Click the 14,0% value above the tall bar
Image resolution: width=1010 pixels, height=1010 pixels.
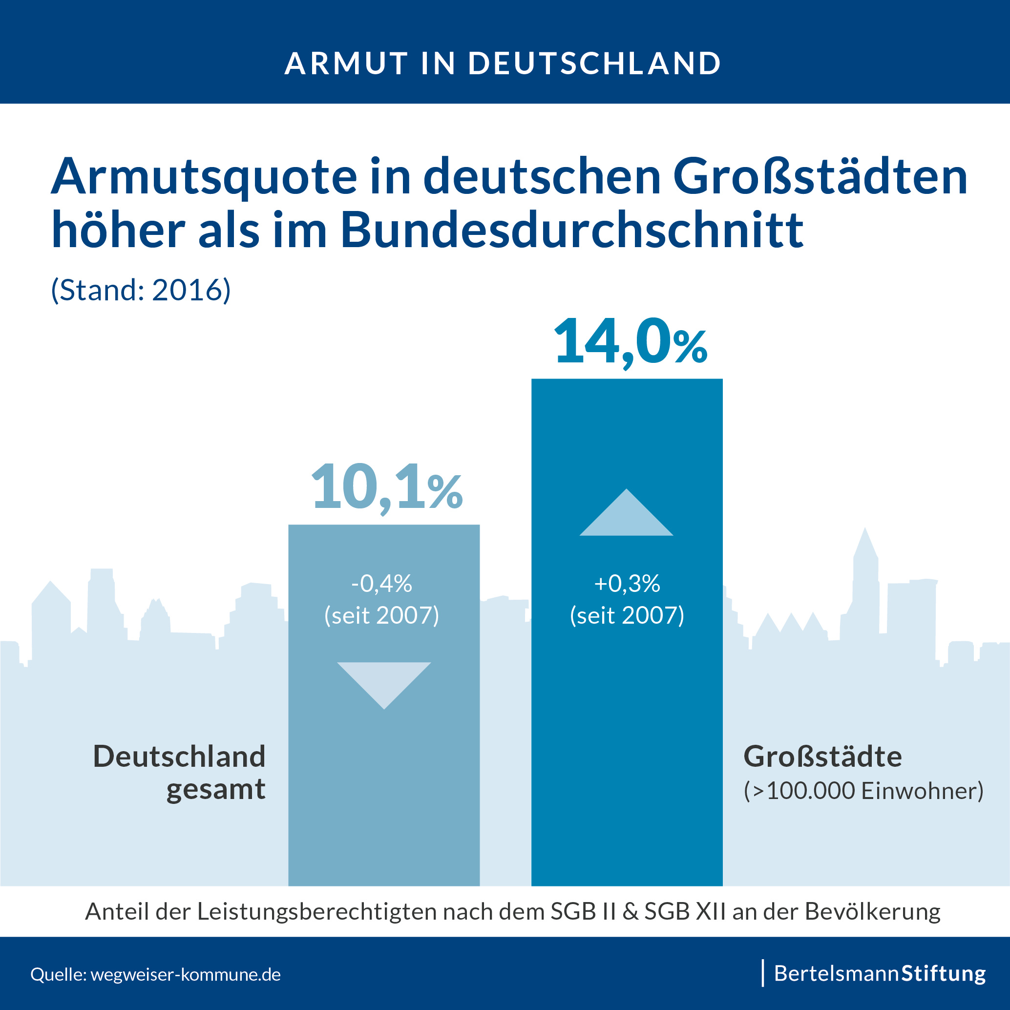coord(630,342)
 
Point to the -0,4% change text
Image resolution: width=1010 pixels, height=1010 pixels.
coord(381,584)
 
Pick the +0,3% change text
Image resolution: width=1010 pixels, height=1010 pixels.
coord(627,584)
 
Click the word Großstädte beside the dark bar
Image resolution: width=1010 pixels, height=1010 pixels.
coord(822,757)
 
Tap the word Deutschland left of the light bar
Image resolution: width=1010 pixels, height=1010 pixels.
coord(179,757)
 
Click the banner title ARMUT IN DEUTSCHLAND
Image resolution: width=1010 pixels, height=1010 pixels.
coord(503,63)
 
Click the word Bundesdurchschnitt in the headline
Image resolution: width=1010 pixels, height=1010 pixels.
coord(572,230)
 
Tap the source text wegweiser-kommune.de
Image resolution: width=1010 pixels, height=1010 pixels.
coord(186,974)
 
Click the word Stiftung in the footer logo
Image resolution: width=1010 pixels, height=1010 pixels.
coord(944,973)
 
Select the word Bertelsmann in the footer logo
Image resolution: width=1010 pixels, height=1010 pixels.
coord(836,973)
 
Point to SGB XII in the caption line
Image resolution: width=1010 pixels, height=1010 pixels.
coord(685,911)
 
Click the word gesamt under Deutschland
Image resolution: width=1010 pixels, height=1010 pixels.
coord(216,789)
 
